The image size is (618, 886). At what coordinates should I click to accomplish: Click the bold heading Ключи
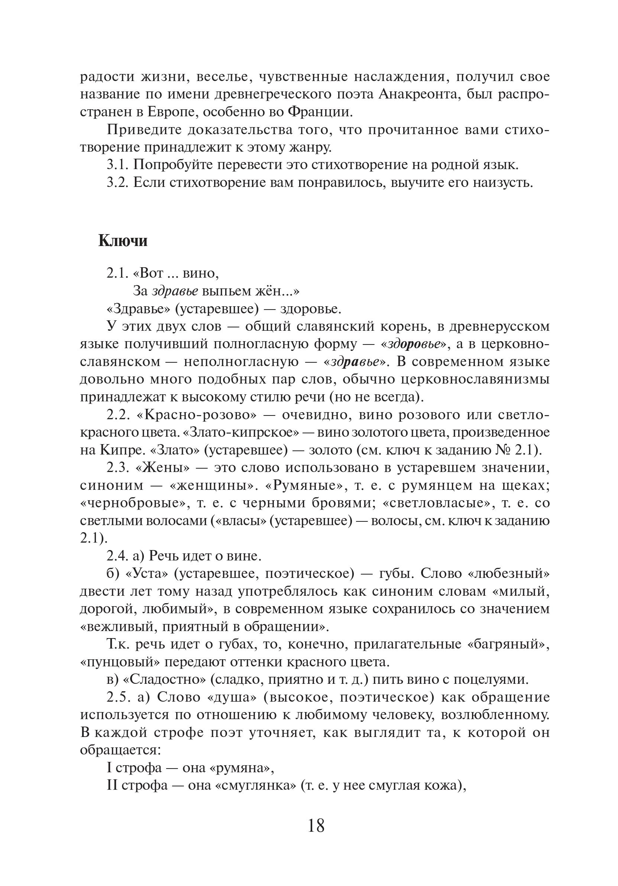[123, 241]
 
